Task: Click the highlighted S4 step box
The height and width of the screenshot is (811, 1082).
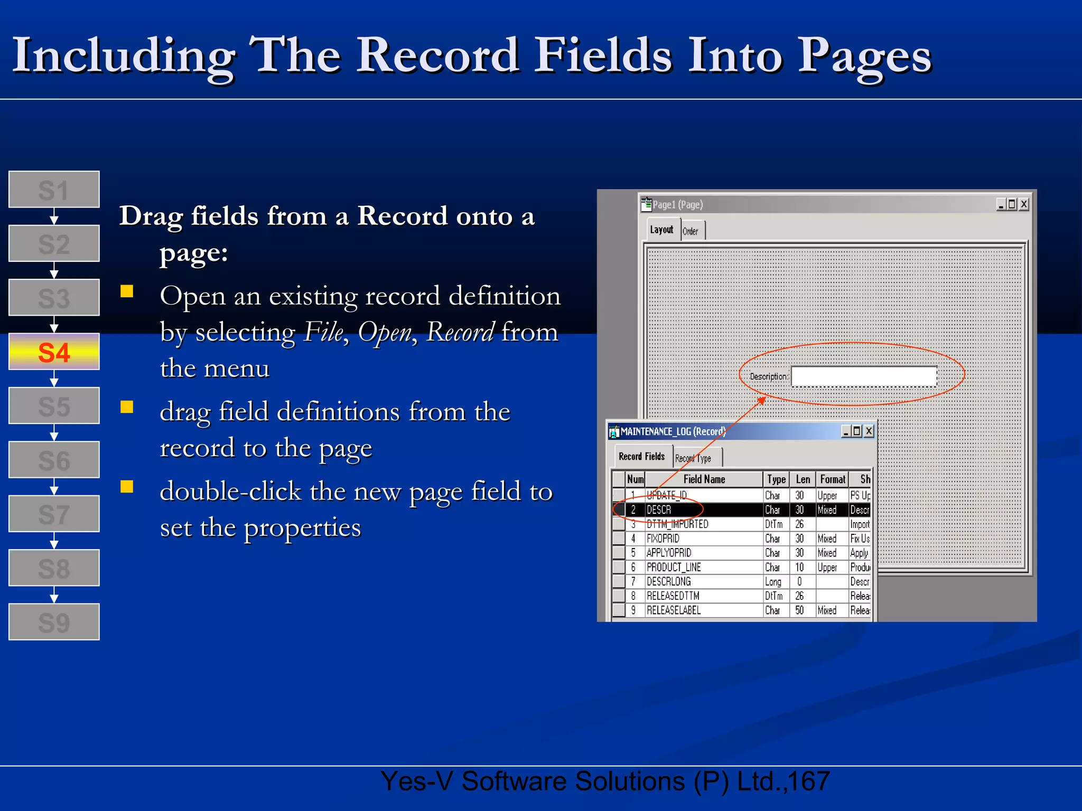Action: pos(54,352)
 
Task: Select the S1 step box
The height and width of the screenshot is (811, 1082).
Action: pos(54,190)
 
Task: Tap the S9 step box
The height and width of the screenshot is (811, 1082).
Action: pos(54,622)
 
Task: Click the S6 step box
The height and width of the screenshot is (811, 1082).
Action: pos(54,460)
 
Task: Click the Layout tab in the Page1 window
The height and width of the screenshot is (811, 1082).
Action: pos(661,230)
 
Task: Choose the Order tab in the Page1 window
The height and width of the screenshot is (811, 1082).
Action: pos(691,231)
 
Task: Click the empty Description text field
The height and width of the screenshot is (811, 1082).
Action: pos(864,376)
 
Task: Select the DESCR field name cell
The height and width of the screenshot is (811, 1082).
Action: pos(659,510)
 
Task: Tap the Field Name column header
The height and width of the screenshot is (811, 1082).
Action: pos(704,479)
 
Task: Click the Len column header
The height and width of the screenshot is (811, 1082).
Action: pos(803,479)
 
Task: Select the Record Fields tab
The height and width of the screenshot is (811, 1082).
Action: pos(641,456)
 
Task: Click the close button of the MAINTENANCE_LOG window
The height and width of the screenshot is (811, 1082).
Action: pos(868,431)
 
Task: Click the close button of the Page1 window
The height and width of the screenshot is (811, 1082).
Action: pos(1023,204)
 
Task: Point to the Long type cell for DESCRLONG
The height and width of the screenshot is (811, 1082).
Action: pos(773,582)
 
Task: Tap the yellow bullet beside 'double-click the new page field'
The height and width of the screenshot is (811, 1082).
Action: pos(127,486)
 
